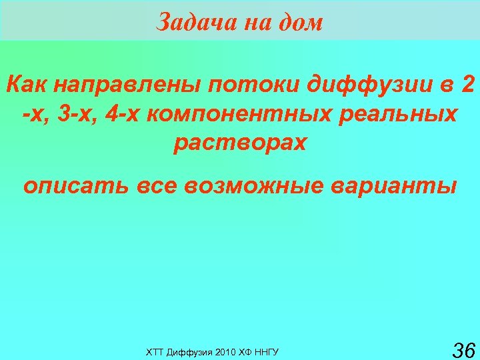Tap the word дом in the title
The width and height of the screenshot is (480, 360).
(x=301, y=23)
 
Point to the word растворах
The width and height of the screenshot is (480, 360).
(x=240, y=143)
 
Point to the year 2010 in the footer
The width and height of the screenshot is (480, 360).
(x=224, y=351)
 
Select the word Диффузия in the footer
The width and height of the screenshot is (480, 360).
(x=188, y=351)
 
